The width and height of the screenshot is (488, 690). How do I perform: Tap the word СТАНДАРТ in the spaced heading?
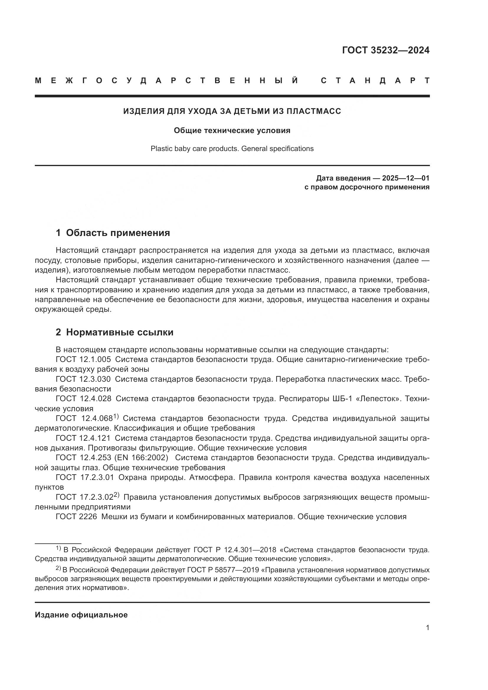tap(375, 81)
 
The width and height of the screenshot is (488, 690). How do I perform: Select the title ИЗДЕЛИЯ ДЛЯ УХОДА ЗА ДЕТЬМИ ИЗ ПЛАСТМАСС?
tap(232, 111)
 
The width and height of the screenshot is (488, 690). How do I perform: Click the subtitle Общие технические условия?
tap(232, 130)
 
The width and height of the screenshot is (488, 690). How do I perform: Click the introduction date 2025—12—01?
tap(405, 178)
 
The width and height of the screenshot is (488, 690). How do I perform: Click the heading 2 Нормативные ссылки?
tap(114, 332)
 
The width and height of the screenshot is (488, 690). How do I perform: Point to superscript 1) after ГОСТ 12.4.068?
tap(116, 416)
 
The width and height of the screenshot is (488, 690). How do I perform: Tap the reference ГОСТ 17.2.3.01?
tap(85, 477)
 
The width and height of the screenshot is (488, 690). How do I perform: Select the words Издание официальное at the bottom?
tap(81, 615)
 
